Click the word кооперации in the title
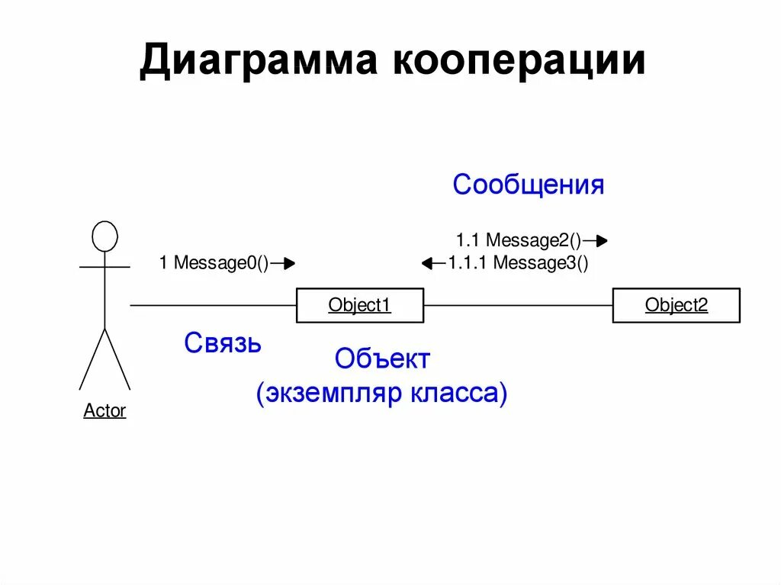(518, 62)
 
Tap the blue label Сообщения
(528, 185)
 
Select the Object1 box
(359, 305)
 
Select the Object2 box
(676, 305)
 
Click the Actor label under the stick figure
(104, 411)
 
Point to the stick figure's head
(104, 236)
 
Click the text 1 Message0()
(214, 264)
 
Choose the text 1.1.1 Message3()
(518, 264)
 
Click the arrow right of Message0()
(283, 264)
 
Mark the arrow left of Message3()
(433, 264)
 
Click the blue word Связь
(223, 344)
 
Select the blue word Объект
(382, 358)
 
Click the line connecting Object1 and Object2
(518, 305)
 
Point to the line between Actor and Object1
(214, 305)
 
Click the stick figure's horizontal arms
(104, 267)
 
